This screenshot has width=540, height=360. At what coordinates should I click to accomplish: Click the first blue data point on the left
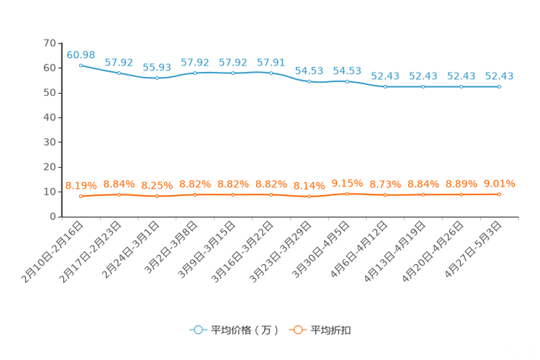tap(81, 65)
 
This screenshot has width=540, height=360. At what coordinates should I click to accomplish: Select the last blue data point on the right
tap(499, 86)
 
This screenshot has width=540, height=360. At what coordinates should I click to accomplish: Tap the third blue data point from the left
tap(157, 77)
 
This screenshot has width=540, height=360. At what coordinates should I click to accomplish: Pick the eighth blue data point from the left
tap(347, 81)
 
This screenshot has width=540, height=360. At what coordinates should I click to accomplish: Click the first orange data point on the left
tap(81, 196)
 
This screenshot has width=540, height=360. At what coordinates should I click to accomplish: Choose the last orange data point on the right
tap(499, 195)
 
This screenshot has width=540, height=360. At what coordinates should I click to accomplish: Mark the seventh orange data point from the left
tap(309, 197)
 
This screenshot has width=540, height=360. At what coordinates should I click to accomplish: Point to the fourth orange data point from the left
tap(195, 195)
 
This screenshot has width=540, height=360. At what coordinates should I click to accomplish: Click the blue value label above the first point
tap(81, 54)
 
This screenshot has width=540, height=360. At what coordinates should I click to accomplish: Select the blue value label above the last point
tap(499, 75)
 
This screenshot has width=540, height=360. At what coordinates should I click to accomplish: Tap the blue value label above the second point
tap(119, 62)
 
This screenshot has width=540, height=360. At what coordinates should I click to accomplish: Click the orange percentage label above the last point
tap(499, 184)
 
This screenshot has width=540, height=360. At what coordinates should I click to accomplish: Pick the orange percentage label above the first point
tap(81, 186)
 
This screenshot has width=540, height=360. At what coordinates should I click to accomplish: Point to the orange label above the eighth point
tap(347, 184)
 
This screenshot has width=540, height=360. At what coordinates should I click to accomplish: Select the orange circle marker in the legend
tap(297, 330)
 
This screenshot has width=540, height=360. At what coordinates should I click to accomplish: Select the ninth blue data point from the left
tap(385, 86)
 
